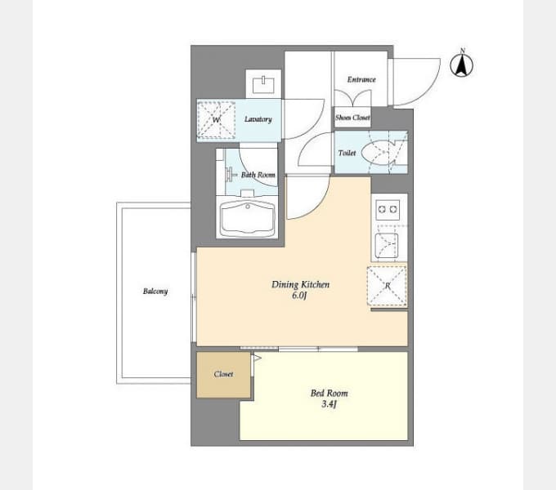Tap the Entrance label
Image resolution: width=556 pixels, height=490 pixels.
pyautogui.click(x=361, y=79)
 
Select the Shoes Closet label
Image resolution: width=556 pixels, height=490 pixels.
pyautogui.click(x=352, y=117)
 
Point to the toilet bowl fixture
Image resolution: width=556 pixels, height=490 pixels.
pyautogui.click(x=379, y=153)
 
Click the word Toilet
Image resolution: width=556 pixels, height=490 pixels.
pyautogui.click(x=347, y=153)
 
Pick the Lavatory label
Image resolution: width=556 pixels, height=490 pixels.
pyautogui.click(x=258, y=119)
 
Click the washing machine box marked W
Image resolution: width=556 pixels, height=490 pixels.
pyautogui.click(x=216, y=120)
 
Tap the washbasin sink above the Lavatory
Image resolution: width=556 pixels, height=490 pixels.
pyautogui.click(x=263, y=84)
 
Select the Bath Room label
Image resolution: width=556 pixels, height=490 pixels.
pyautogui.click(x=258, y=175)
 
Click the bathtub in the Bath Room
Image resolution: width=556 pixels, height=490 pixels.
pyautogui.click(x=248, y=217)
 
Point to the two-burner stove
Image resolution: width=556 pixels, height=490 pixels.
pyautogui.click(x=388, y=210)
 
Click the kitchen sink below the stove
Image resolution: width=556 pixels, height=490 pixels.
pyautogui.click(x=387, y=245)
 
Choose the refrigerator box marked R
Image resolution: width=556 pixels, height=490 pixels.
pyautogui.click(x=387, y=286)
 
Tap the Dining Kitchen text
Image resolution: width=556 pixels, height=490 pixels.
pyautogui.click(x=300, y=284)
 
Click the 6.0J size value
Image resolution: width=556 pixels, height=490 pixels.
pyautogui.click(x=299, y=296)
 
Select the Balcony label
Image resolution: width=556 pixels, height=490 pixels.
pyautogui.click(x=155, y=291)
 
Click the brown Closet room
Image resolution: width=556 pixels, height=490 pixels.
pyautogui.click(x=223, y=375)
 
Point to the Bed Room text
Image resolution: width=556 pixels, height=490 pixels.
pyautogui.click(x=329, y=393)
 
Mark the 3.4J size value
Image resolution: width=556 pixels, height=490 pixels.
pyautogui.click(x=329, y=404)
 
